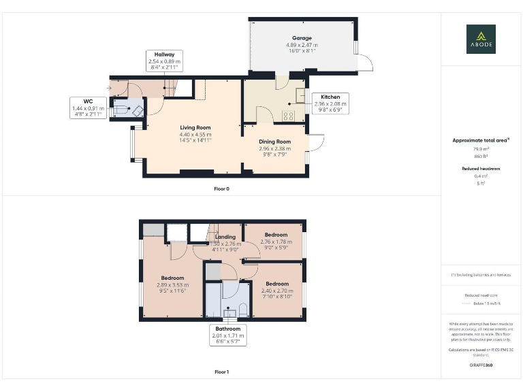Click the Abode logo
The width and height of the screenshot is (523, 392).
point(481,39)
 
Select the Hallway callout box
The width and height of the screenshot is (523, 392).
point(164,61)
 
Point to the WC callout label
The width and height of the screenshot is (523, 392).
point(89,108)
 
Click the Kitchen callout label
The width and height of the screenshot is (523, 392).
point(330,103)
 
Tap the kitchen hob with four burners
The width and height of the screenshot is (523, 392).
point(289,115)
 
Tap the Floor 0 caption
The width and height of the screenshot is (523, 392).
point(221,189)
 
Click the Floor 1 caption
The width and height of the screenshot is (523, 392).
point(221,372)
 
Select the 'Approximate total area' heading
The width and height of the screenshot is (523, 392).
point(481,140)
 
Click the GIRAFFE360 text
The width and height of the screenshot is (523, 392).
point(481,365)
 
